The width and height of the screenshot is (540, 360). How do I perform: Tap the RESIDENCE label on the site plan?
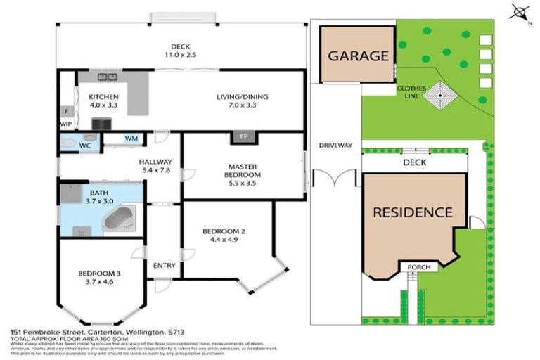(x=412, y=212)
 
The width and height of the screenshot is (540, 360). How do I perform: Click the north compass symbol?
(x=520, y=12)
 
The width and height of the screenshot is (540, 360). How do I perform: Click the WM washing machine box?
(x=131, y=139)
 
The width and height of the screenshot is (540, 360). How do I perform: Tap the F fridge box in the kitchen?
(x=67, y=111)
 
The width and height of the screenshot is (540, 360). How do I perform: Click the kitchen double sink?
(x=108, y=77)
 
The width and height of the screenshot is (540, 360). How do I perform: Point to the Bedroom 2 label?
(x=223, y=231)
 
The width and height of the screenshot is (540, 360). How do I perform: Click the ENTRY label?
(x=164, y=265)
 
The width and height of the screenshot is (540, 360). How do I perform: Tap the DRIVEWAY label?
(x=335, y=146)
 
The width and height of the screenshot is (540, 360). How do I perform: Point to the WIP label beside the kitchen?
(x=66, y=124)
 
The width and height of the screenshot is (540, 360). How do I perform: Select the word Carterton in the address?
(x=104, y=330)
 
